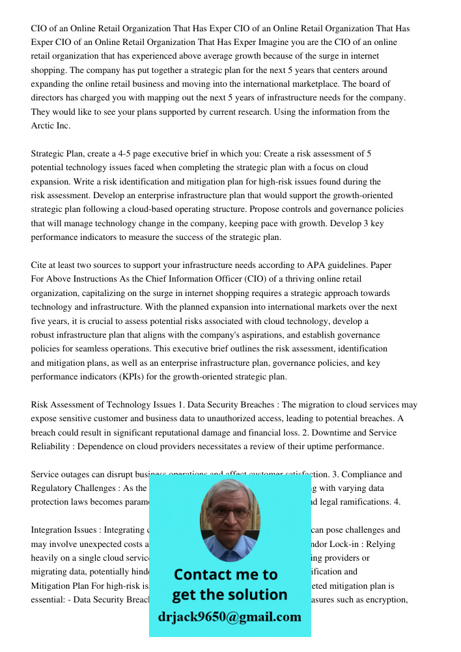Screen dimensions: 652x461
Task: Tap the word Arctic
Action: (44, 126)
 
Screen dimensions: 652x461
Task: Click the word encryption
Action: (387, 600)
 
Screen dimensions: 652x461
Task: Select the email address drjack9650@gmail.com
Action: (230, 617)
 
